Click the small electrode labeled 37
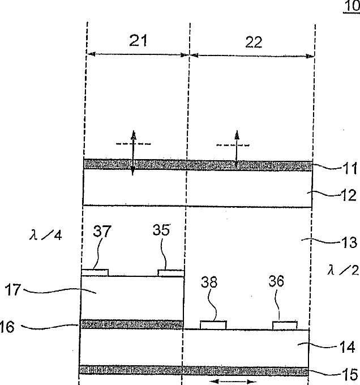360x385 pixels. pos(95,272)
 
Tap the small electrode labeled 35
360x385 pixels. pos(170,273)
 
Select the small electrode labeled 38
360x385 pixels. pos(213,324)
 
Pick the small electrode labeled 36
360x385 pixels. pos(285,324)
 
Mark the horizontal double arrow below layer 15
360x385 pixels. pos(231,383)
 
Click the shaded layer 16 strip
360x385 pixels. pos(131,324)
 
